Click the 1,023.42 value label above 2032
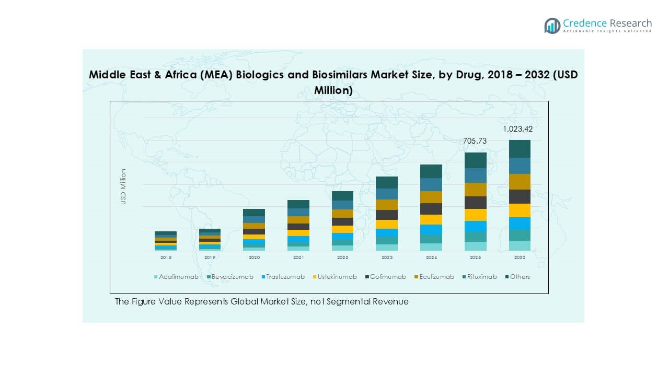pos(518,129)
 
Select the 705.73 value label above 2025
pos(475,141)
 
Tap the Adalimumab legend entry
pos(176,277)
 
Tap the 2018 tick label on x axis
pos(166,257)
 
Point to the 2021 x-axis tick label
pos(298,257)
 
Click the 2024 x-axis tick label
pos(431,257)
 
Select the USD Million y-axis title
pos(124,186)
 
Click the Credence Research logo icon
pos(552,26)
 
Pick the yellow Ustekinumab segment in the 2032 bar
pos(520,210)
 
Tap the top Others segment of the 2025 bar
pos(476,160)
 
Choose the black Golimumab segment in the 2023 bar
pos(387,215)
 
